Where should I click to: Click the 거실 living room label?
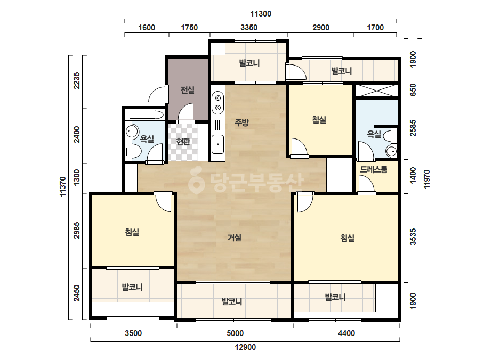pyautogui.click(x=235, y=238)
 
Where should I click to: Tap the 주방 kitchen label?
pyautogui.click(x=241, y=122)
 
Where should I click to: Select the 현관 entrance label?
pyautogui.click(x=183, y=141)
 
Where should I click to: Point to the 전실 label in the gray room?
pyautogui.click(x=187, y=90)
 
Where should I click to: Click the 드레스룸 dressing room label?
pyautogui.click(x=373, y=169)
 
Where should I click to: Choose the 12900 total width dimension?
pyautogui.click(x=245, y=347)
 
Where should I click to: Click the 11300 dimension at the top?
pyautogui.click(x=261, y=14)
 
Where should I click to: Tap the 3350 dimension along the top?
pyautogui.click(x=249, y=28)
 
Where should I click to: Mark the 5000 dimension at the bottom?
pyautogui.click(x=235, y=333)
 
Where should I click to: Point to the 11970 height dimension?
pyautogui.click(x=427, y=179)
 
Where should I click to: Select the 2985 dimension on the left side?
pyautogui.click(x=77, y=230)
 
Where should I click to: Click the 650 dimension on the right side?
pyautogui.click(x=413, y=90)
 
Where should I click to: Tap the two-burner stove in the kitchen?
pyautogui.click(x=218, y=103)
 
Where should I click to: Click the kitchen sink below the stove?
pyautogui.click(x=218, y=144)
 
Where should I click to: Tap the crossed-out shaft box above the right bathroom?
pyautogui.click(x=376, y=91)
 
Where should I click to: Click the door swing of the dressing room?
pyautogui.click(x=366, y=184)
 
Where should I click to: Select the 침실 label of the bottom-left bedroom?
pyautogui.click(x=132, y=232)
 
